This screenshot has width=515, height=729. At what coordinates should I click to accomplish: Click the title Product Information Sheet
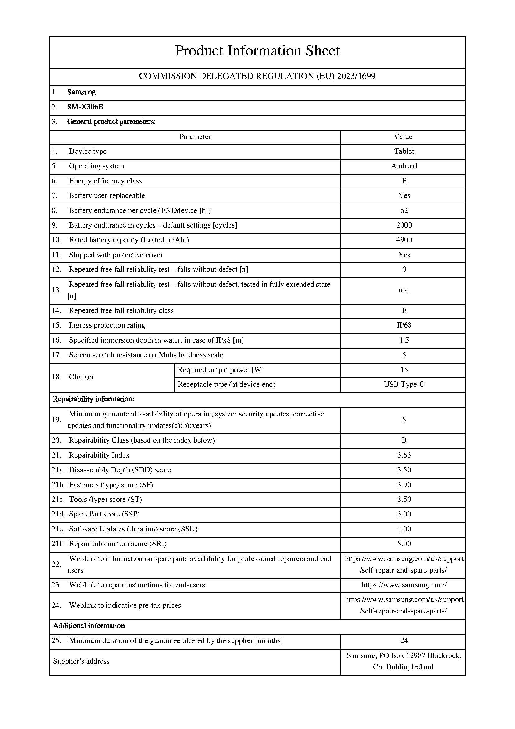point(257,51)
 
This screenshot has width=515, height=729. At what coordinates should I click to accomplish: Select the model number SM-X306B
point(85,107)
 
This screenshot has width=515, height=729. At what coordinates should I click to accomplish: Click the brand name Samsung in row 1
point(82,92)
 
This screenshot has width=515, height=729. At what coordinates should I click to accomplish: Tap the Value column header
point(403,137)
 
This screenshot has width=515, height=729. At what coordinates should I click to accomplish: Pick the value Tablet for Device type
point(404,151)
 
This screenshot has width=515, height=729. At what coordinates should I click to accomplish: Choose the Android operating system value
point(404,166)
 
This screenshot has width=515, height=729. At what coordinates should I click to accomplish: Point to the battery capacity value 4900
point(404,240)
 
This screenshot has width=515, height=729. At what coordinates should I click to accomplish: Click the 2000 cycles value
point(404,225)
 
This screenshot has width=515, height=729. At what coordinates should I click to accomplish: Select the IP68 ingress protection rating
point(404,325)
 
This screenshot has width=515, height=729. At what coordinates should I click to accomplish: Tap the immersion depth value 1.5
point(404,340)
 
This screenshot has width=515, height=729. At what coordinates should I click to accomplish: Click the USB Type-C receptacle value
point(404,385)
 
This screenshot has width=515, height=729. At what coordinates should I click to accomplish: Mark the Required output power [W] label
point(221,370)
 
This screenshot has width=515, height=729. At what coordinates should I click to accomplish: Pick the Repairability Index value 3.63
point(404,455)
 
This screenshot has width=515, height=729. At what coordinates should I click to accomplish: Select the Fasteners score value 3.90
point(404,485)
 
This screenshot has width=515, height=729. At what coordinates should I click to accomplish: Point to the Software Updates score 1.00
point(404,529)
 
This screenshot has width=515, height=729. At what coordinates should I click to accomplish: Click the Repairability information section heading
point(93,399)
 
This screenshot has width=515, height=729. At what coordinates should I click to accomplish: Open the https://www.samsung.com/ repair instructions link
point(404,585)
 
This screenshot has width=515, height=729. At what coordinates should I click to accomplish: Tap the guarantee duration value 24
point(404,640)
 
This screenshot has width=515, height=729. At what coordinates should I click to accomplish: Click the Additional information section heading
point(89,626)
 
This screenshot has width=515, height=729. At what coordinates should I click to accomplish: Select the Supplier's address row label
point(81,661)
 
